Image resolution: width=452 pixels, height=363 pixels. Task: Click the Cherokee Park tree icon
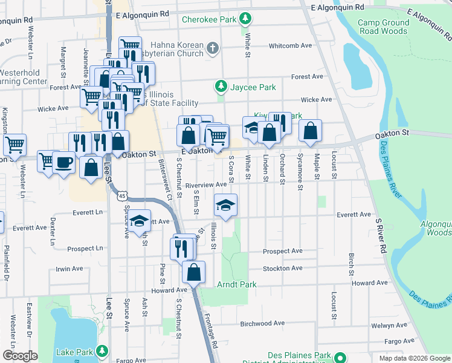click(x=245, y=19)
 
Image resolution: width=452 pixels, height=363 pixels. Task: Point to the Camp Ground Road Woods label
click(x=383, y=27)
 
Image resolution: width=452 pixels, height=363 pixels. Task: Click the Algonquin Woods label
click(x=436, y=228)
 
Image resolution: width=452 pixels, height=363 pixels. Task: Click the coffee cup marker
click(x=63, y=162)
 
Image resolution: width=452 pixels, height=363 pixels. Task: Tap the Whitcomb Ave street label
click(x=290, y=45)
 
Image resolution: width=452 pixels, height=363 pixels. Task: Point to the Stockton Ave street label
click(x=283, y=268)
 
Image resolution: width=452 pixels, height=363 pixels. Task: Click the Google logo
click(x=21, y=356)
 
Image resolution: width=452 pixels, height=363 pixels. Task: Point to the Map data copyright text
click(x=415, y=358)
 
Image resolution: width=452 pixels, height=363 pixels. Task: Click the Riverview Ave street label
click(x=205, y=185)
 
